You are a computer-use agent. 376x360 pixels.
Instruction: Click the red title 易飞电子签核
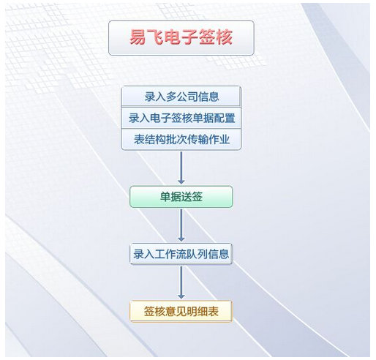181,37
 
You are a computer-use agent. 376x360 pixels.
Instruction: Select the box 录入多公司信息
181,97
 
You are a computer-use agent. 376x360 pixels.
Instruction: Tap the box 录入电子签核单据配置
181,118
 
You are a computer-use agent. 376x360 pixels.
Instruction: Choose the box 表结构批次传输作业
181,139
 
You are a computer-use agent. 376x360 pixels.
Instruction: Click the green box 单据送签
181,197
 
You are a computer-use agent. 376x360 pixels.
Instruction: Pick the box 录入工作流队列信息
181,254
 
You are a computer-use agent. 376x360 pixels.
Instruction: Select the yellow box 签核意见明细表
181,312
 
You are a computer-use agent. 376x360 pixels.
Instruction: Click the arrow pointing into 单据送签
181,168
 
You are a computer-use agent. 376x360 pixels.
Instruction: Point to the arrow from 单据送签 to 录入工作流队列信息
181,225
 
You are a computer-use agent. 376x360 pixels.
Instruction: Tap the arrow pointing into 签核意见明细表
181,282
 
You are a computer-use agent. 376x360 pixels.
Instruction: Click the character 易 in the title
138,37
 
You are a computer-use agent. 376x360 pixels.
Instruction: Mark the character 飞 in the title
155,37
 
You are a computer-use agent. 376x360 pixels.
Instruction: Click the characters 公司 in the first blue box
187,97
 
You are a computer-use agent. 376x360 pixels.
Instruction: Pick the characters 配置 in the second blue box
225,118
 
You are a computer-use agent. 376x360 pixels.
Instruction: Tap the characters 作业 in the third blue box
219,140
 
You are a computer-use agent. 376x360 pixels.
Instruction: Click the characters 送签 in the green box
192,197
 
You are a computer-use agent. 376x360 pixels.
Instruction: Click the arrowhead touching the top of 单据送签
181,181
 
